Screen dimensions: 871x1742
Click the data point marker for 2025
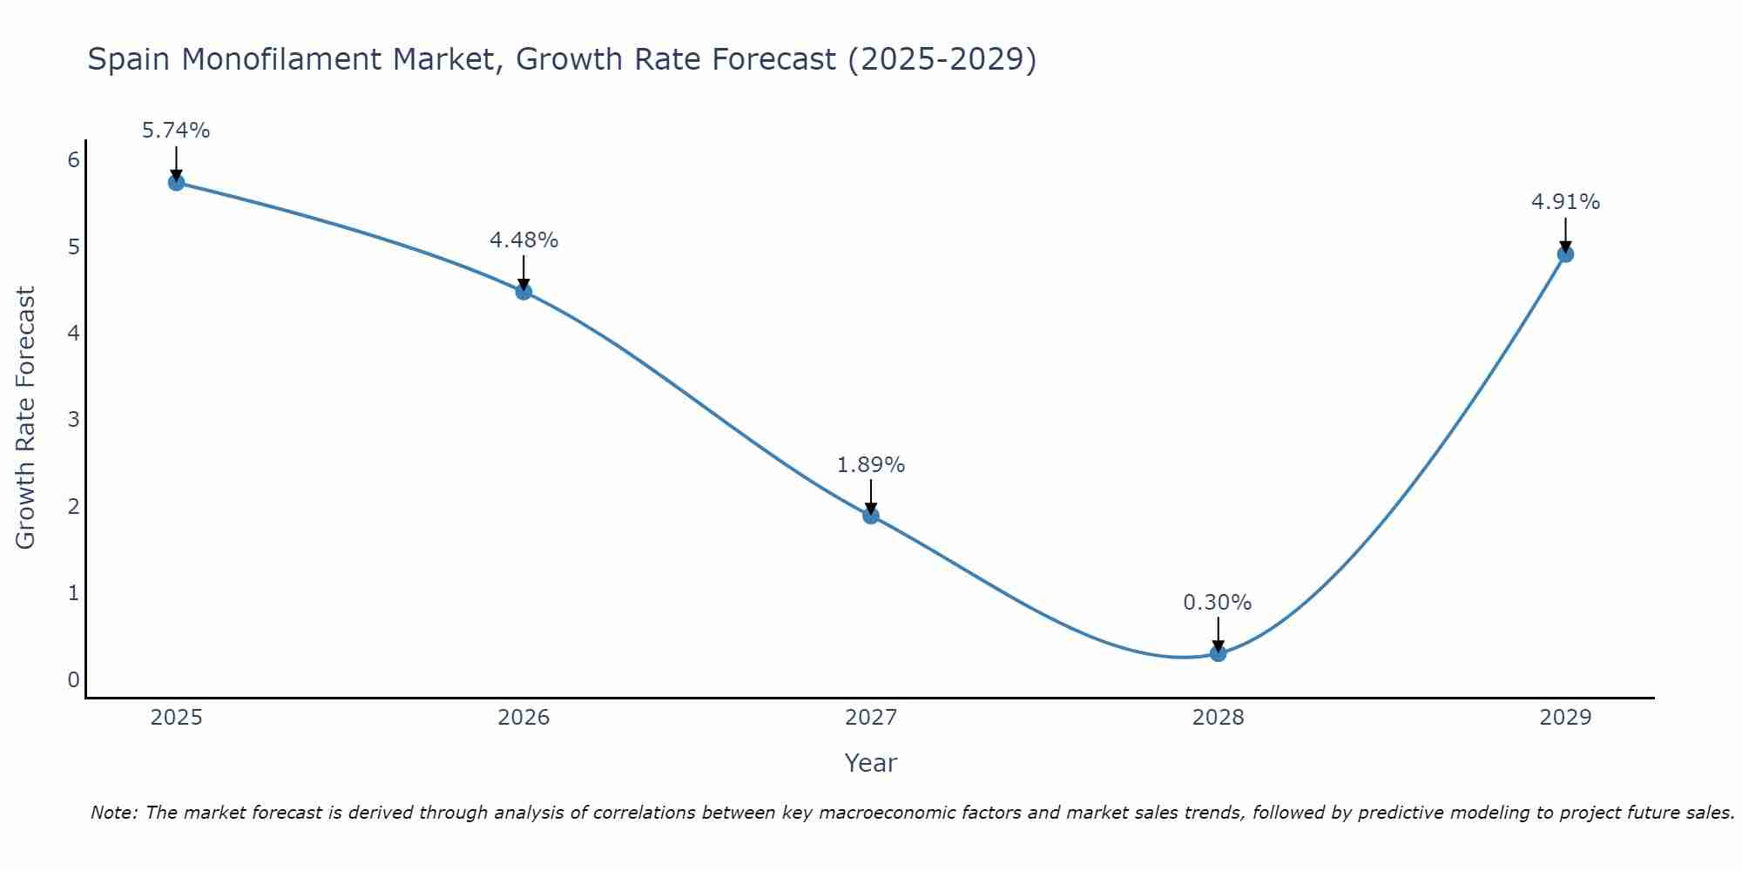point(176,182)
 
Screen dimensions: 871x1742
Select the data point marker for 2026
point(523,291)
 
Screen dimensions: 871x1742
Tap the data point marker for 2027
point(871,516)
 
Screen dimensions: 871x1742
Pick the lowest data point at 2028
point(1218,653)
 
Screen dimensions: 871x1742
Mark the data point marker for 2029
point(1565,254)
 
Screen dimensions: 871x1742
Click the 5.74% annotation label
point(176,131)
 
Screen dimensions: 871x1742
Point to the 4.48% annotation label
point(523,240)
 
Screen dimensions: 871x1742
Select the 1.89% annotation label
point(871,465)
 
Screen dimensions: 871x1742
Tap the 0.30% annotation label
point(1218,603)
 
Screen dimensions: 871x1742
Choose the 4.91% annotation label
point(1565,202)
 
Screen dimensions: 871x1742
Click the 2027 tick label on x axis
point(871,718)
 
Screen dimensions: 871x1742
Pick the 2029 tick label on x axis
point(1565,718)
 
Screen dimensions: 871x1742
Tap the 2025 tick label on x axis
point(176,718)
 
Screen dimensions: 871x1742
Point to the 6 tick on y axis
point(73,159)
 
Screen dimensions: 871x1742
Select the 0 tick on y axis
point(73,679)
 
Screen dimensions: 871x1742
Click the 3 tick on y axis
point(73,420)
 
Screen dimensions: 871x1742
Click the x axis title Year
point(871,763)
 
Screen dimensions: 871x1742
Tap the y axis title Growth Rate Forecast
point(26,418)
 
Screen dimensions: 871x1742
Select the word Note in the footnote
point(113,813)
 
